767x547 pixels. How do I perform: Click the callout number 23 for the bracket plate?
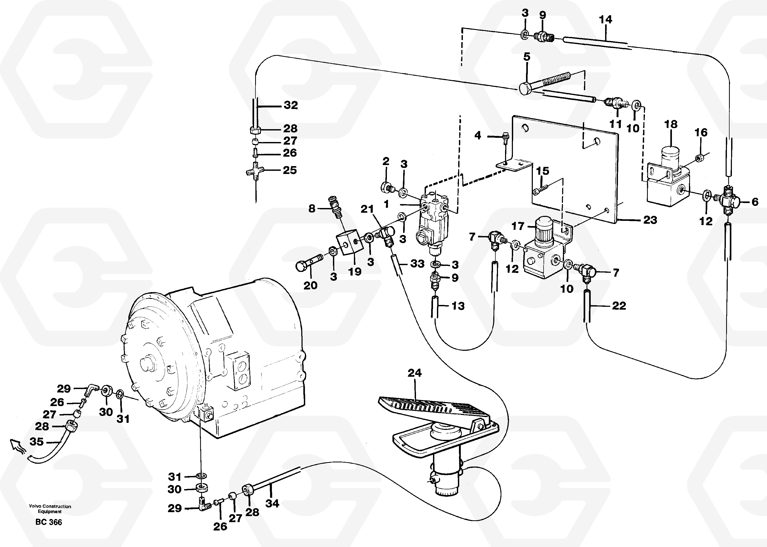tap(650, 220)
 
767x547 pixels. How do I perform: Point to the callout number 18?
tap(671, 124)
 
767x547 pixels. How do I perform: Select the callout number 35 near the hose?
tap(36, 442)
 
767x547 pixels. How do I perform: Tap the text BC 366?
tap(48, 522)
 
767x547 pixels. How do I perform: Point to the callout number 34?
tap(272, 504)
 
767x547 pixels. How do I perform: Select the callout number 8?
tap(312, 209)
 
